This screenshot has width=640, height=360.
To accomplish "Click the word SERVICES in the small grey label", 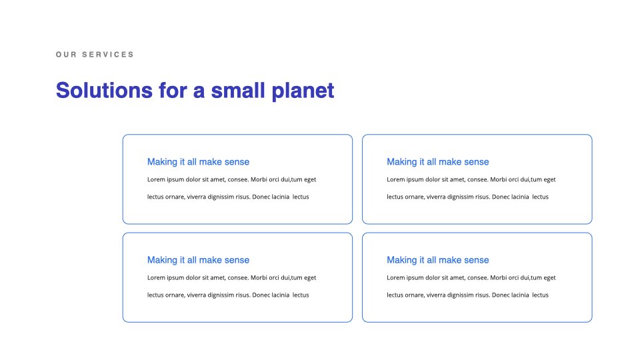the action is point(108,55).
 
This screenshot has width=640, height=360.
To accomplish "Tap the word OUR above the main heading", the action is point(66,55).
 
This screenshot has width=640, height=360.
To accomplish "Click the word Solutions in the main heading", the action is point(104,90).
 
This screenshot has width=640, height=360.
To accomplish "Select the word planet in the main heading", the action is point(303,91).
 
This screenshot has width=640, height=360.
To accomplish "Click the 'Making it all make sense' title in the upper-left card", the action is point(199,161).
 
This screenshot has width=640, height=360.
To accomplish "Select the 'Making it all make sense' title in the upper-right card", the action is point(438,161).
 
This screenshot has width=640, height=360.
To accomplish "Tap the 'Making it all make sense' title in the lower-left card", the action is point(199,260).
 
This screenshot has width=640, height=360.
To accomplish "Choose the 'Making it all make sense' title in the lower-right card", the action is point(438,260).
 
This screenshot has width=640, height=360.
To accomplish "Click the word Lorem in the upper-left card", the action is point(156,179).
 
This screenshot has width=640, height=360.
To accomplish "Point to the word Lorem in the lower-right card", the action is point(396,278).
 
